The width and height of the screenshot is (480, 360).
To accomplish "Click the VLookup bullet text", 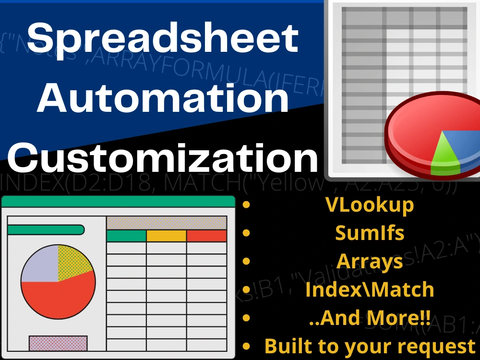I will [x=369, y=205].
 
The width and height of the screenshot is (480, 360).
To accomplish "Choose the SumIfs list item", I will [x=369, y=233].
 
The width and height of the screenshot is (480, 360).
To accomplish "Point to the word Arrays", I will [x=369, y=261].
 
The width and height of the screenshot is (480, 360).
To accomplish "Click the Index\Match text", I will [x=369, y=289].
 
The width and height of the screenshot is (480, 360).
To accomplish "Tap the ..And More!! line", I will [x=369, y=317].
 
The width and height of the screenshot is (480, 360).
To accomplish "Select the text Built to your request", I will [x=369, y=346].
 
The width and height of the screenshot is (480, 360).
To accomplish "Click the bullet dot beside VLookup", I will [x=247, y=205].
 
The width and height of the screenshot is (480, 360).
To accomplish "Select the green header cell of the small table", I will [x=126, y=236].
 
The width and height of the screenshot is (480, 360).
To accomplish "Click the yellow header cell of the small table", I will [x=166, y=236].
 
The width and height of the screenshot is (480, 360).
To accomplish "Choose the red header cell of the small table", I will [x=206, y=236].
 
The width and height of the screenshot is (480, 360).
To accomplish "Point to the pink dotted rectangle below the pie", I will [x=58, y=343].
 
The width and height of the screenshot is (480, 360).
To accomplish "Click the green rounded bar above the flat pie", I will [x=46, y=230].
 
